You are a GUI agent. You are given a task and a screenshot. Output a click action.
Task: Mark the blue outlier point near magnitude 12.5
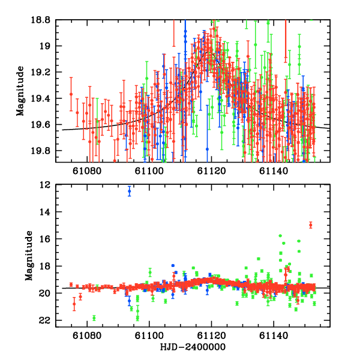[x=129, y=191]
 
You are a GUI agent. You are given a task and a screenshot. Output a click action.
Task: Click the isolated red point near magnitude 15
[x=311, y=225]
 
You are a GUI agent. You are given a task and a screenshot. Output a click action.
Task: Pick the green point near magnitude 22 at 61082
[x=94, y=318]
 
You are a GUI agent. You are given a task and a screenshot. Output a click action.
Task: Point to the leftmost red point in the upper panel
[x=71, y=94]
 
